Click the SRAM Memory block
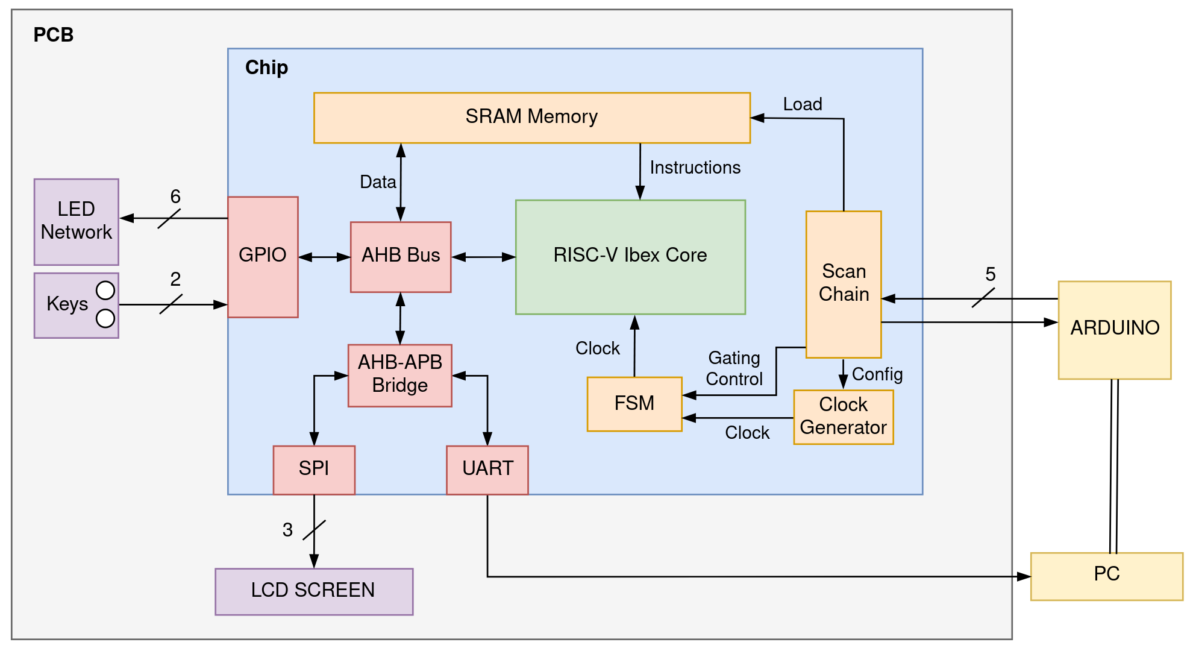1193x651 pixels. [531, 118]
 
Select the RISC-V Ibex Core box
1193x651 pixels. [630, 257]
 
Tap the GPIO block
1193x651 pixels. [263, 257]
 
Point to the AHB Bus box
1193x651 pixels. [401, 257]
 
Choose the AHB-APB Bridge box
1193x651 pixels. [400, 375]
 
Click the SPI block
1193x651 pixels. [314, 470]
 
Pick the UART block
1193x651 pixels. [487, 470]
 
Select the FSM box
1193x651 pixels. [634, 404]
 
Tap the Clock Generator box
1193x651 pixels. [843, 417]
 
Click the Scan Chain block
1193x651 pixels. [844, 284]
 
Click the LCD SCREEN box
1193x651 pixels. [314, 591]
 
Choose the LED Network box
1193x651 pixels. [77, 221]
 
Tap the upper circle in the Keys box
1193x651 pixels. [105, 291]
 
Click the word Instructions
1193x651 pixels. [695, 168]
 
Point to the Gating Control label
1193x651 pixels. [734, 368]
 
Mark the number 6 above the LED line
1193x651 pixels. [175, 197]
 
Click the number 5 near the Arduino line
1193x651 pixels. [991, 274]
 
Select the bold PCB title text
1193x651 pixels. [53, 35]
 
